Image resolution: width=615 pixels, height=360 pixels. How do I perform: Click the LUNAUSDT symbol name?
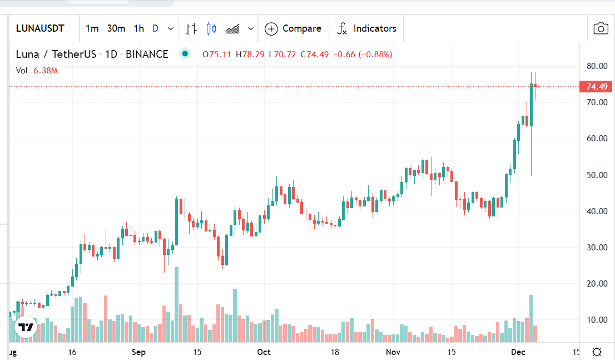pos(40,28)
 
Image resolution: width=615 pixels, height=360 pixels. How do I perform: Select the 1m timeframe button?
pos(92,28)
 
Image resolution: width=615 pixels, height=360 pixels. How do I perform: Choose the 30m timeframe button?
pos(116,28)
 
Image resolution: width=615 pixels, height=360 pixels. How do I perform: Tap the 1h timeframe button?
pos(138,28)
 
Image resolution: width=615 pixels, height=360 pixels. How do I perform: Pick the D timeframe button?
pos(155,28)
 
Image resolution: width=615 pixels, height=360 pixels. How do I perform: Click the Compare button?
pos(293,28)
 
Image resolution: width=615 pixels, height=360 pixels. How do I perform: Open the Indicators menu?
pos(367,28)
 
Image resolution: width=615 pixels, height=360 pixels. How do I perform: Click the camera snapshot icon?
pos(601,29)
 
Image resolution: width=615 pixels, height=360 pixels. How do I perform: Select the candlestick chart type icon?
pos(211,28)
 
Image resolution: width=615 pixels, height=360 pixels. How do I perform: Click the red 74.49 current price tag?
pos(596,87)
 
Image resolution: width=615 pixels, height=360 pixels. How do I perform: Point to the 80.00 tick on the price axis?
pos(596,66)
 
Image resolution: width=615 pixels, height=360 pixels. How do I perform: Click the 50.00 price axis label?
pos(596,175)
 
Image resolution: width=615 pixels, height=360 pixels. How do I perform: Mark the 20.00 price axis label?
pos(596,284)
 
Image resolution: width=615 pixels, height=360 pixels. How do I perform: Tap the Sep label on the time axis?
pos(138,352)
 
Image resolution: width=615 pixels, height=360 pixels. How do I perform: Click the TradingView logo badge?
pos(26,327)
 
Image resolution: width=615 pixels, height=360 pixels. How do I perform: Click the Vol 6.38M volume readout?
pos(37,71)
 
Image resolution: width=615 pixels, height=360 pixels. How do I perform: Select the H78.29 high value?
pos(250,55)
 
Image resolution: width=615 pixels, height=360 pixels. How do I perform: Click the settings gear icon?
pos(597,352)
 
